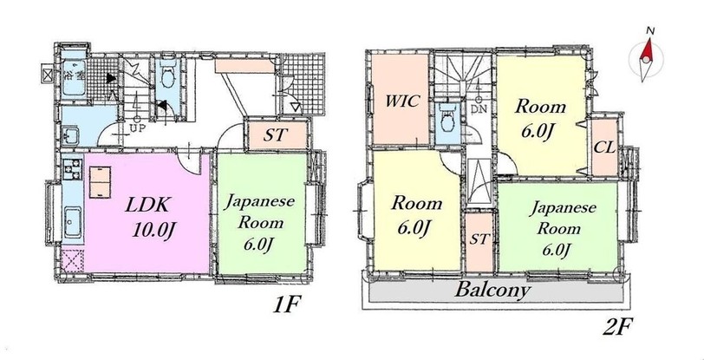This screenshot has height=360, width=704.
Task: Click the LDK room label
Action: [x=147, y=205]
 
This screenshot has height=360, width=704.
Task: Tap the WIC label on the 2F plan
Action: [x=402, y=101]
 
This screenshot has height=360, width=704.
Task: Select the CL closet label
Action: [x=604, y=147]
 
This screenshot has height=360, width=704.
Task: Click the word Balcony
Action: [x=492, y=291]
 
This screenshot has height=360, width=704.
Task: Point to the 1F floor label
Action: [x=286, y=305]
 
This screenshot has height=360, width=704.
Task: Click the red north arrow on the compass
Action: [x=647, y=50]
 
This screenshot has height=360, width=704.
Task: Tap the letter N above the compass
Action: [x=649, y=30]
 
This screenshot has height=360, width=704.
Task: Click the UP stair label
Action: [x=136, y=128]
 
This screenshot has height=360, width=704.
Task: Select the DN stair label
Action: [x=479, y=108]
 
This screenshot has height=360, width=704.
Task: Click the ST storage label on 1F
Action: [x=275, y=135]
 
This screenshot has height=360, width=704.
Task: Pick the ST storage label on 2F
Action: [x=479, y=239]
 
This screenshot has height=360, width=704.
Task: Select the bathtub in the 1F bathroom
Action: [x=74, y=77]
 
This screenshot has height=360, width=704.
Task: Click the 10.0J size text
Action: [x=153, y=230]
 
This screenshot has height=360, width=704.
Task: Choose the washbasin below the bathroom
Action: [x=70, y=134]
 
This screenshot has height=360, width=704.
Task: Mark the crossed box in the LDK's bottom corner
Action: [x=72, y=261]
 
